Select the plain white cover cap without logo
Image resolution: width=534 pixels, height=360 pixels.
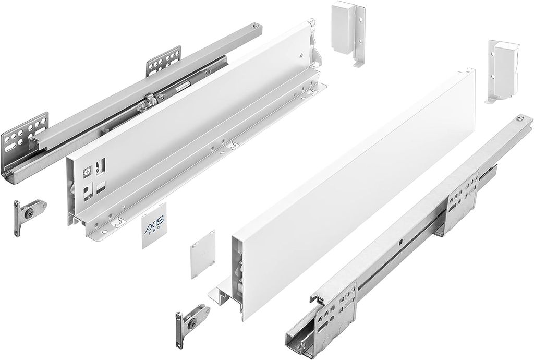tap(202, 253)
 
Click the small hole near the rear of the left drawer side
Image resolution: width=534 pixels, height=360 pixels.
tap(302, 56)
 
